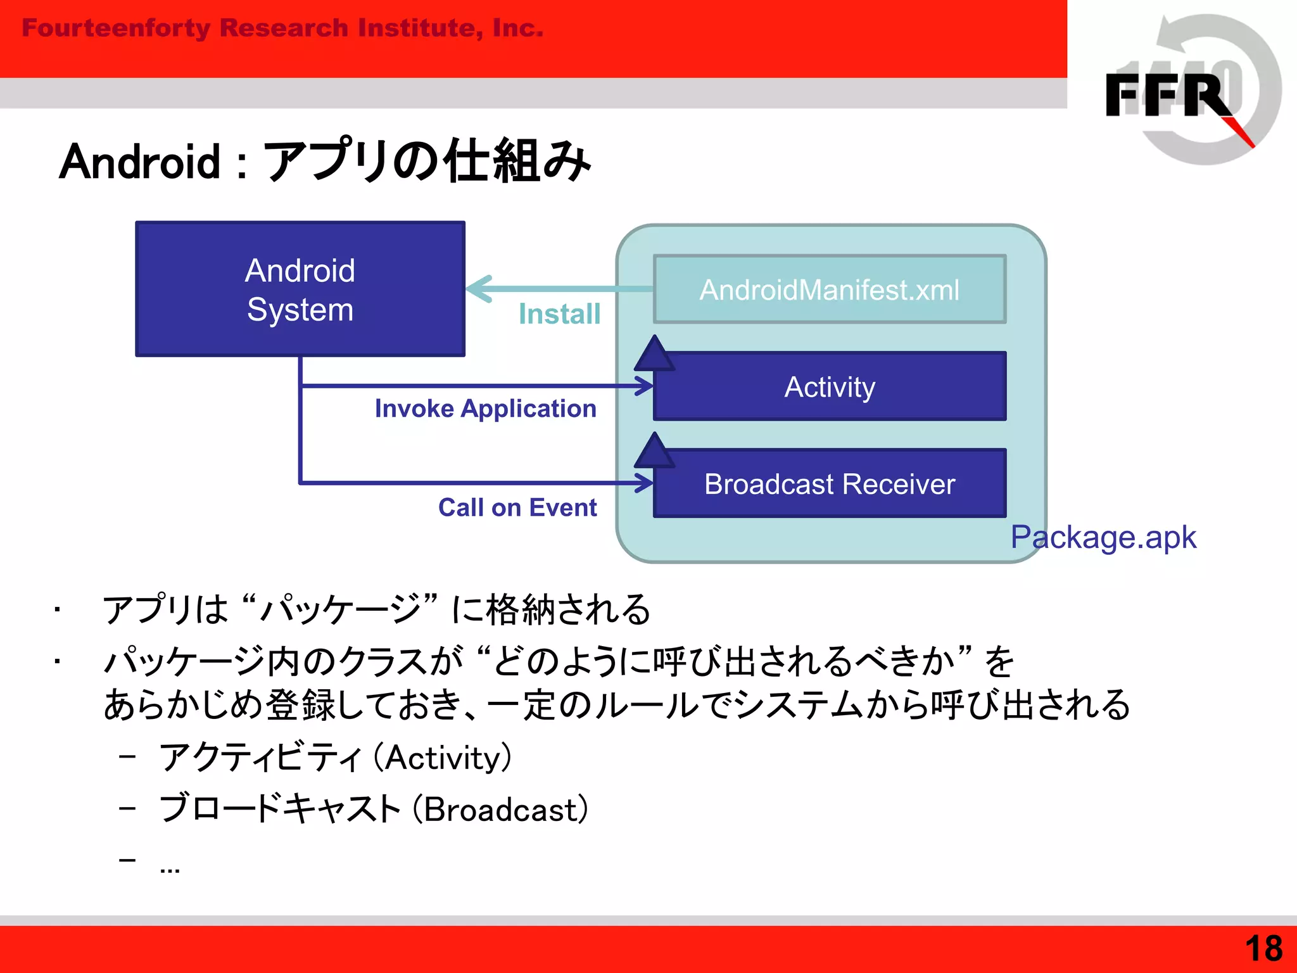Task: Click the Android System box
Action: (300, 289)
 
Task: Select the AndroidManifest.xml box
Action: (829, 289)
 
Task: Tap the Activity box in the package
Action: (830, 386)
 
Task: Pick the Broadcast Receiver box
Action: (830, 484)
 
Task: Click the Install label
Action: (559, 314)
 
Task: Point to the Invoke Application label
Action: (485, 409)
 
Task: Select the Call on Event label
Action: (517, 507)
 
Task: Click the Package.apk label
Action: (1103, 537)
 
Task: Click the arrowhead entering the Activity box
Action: (645, 386)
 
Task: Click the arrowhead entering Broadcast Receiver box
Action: (645, 483)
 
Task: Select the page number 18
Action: (1263, 948)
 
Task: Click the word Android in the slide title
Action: (140, 162)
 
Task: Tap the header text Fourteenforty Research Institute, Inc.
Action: (282, 28)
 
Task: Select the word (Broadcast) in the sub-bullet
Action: (500, 809)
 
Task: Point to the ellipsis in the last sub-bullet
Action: (170, 868)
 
